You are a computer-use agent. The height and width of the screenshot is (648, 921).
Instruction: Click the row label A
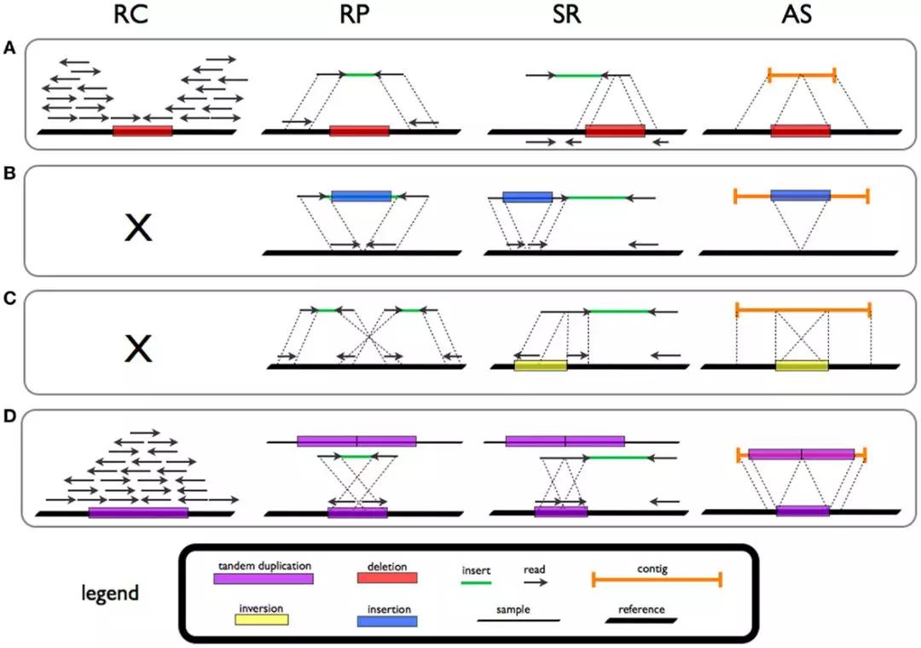9,50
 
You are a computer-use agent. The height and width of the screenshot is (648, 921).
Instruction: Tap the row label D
9,418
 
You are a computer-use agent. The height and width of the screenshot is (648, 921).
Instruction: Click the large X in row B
138,227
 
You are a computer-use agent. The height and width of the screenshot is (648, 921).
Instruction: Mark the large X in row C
138,347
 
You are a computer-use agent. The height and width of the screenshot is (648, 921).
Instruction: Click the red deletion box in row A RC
142,131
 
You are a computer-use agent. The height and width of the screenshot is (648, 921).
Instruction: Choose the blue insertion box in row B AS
800,196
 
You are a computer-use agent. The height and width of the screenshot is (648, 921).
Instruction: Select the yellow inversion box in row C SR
541,365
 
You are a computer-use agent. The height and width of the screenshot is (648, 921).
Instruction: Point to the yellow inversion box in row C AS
802,365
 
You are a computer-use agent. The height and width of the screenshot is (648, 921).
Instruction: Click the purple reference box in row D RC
138,512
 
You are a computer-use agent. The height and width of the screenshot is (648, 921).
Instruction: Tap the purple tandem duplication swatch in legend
264,579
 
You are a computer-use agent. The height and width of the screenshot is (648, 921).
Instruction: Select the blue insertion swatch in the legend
387,621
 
